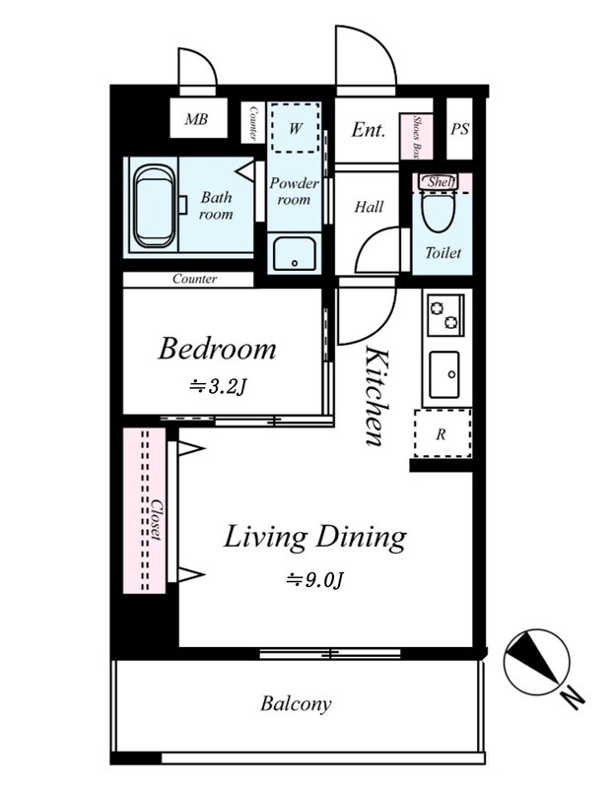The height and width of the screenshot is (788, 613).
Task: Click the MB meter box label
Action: pyautogui.click(x=196, y=119)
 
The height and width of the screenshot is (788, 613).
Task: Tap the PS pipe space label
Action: pyautogui.click(x=459, y=129)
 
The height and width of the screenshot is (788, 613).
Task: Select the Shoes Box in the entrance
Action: pyautogui.click(x=416, y=136)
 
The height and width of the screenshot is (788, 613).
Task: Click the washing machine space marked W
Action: pyautogui.click(x=296, y=128)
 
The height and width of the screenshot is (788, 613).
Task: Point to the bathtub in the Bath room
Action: pyautogui.click(x=155, y=207)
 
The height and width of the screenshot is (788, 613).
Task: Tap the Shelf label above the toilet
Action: pyautogui.click(x=441, y=182)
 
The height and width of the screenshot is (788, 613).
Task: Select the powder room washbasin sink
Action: pyautogui.click(x=295, y=254)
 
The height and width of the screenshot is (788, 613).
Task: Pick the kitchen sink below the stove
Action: pyautogui.click(x=444, y=374)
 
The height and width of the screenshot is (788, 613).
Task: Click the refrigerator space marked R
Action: pyautogui.click(x=443, y=433)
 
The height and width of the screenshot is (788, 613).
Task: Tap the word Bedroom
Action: pyautogui.click(x=217, y=349)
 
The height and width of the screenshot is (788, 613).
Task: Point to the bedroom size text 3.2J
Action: pyautogui.click(x=218, y=387)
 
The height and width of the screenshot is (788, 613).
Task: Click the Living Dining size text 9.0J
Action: pyautogui.click(x=315, y=580)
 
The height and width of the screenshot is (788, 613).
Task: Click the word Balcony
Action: pyautogui.click(x=297, y=703)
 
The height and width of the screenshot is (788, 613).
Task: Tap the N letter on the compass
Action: pyautogui.click(x=573, y=698)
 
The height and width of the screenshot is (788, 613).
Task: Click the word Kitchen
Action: pyautogui.click(x=376, y=396)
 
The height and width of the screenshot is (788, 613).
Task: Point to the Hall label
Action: pyautogui.click(x=369, y=207)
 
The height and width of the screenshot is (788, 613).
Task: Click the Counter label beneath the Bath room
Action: pyautogui.click(x=194, y=279)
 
